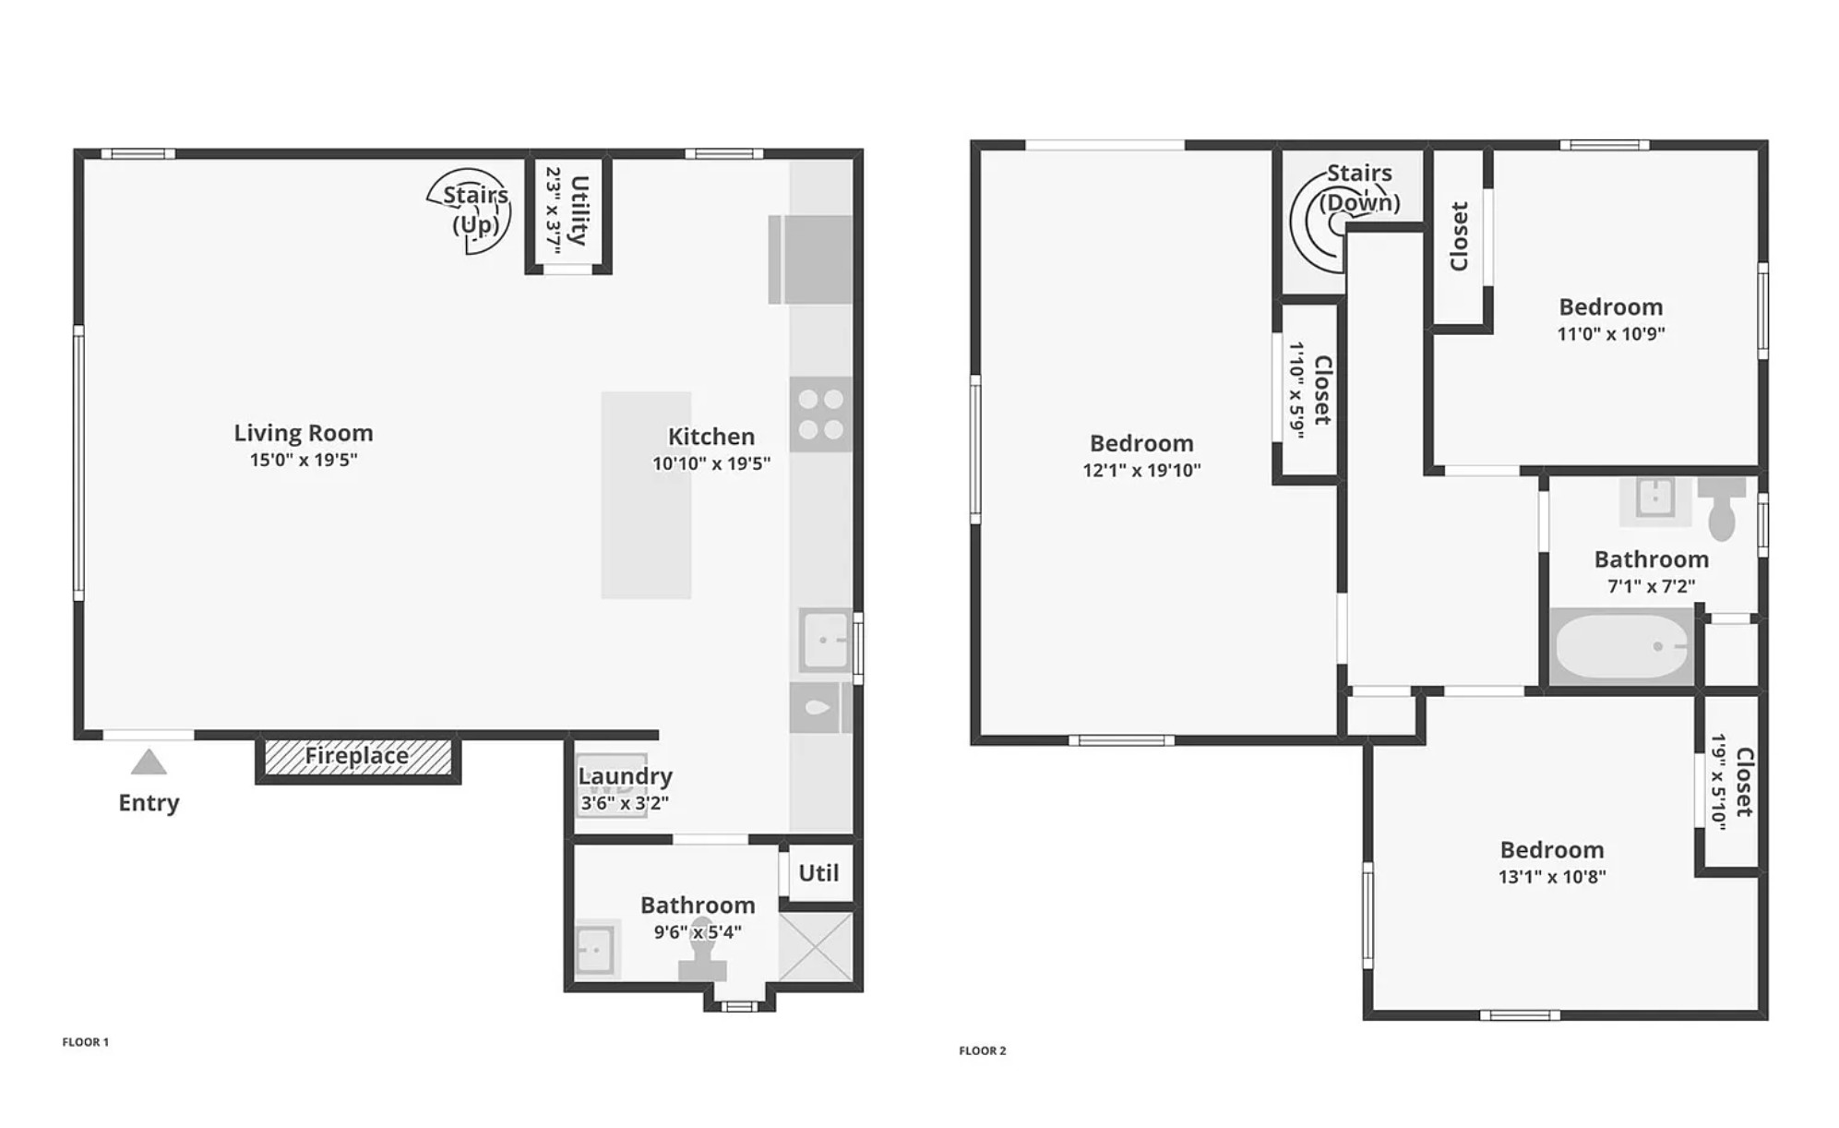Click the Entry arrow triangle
(149, 762)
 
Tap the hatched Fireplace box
(358, 757)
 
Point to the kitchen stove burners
(820, 414)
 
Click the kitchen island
(646, 495)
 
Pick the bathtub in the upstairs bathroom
(1621, 646)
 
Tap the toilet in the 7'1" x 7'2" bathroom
(1722, 508)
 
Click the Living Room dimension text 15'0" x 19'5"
(304, 460)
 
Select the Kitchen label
(711, 437)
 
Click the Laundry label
(626, 776)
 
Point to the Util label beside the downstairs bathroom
(818, 873)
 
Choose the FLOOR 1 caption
(86, 1042)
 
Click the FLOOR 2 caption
(983, 1050)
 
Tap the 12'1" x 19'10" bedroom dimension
(1141, 470)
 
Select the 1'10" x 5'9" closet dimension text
(1296, 390)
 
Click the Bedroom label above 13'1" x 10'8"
(1552, 850)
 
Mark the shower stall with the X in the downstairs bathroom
(817, 946)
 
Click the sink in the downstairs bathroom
(595, 950)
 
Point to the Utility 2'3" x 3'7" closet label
(567, 211)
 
